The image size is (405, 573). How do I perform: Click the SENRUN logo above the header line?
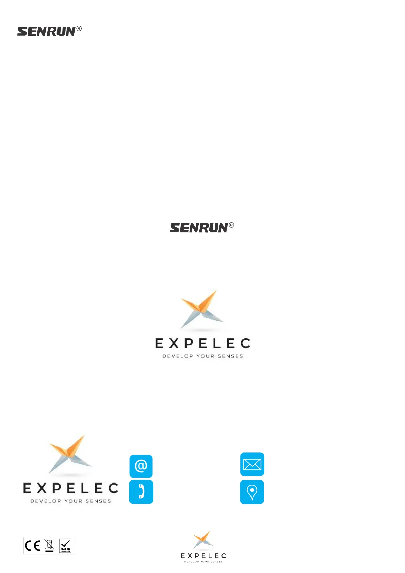pyautogui.click(x=46, y=32)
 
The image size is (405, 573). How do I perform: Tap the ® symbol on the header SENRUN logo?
pyautogui.click(x=79, y=29)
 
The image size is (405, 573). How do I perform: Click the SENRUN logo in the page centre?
pyautogui.click(x=199, y=228)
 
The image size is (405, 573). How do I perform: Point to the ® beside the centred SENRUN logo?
pyautogui.click(x=231, y=225)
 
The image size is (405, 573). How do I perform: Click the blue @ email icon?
pyautogui.click(x=141, y=466)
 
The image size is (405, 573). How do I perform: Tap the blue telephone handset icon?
pyautogui.click(x=141, y=492)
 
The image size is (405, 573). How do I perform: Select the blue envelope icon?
pyautogui.click(x=252, y=464)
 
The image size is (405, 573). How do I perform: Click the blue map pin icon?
pyautogui.click(x=252, y=492)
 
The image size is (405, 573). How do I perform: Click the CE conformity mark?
pyautogui.click(x=33, y=546)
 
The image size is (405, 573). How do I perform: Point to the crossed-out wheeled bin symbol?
pyautogui.click(x=49, y=544)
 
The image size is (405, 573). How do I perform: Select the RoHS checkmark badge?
pyautogui.click(x=65, y=546)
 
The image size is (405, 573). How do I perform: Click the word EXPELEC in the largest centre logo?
pyautogui.click(x=203, y=344)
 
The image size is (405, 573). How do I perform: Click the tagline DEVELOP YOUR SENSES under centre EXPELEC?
pyautogui.click(x=203, y=356)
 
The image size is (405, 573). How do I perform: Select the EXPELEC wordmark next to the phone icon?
pyautogui.click(x=71, y=489)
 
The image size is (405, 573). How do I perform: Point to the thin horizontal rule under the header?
pyautogui.click(x=201, y=42)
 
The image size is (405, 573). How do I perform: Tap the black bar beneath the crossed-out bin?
pyautogui.click(x=49, y=551)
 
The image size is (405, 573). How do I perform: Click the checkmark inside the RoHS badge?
pyautogui.click(x=65, y=543)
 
